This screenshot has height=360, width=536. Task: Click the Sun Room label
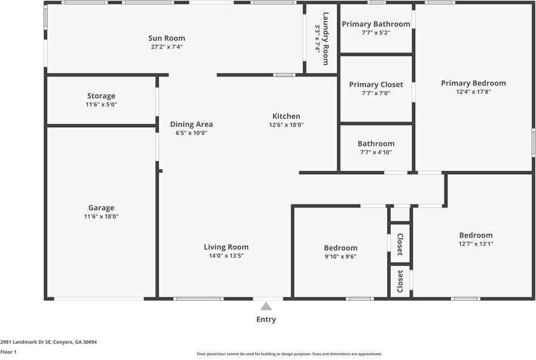click(x=166, y=38)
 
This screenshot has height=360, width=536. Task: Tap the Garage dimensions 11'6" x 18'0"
click(x=101, y=216)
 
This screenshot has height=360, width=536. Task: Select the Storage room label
click(x=101, y=96)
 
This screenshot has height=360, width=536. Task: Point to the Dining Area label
click(x=191, y=124)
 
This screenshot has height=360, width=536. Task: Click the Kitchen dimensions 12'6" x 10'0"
click(x=286, y=124)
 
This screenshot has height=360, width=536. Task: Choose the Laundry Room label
click(x=326, y=39)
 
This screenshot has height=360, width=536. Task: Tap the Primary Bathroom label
click(x=376, y=24)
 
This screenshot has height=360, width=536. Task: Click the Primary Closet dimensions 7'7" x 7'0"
click(x=376, y=93)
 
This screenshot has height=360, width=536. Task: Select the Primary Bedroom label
click(x=473, y=83)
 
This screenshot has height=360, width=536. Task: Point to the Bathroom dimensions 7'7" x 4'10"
click(x=376, y=152)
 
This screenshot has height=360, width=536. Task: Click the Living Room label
click(x=226, y=247)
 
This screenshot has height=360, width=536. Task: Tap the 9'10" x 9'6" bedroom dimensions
click(x=340, y=257)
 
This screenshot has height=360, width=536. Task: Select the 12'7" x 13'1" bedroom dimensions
click(x=476, y=244)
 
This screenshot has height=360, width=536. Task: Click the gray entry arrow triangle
click(x=266, y=306)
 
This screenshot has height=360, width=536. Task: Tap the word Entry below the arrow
click(x=266, y=319)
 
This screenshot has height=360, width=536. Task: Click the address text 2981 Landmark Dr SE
click(x=26, y=342)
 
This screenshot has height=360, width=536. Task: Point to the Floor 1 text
click(x=8, y=352)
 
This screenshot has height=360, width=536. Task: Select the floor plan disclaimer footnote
click(x=289, y=354)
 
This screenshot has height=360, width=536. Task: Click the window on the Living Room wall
click(x=199, y=299)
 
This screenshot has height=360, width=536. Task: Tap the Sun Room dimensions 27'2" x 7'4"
click(x=167, y=47)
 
